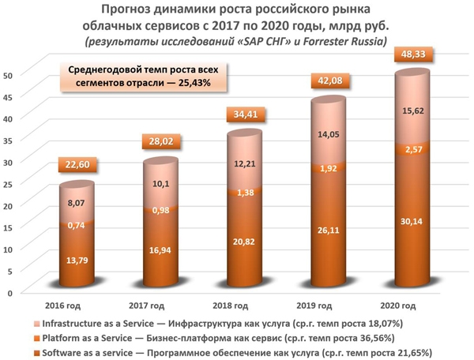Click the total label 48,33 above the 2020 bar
(x=411, y=58)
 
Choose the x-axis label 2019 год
(x=325, y=305)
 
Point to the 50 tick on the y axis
(x=9, y=76)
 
